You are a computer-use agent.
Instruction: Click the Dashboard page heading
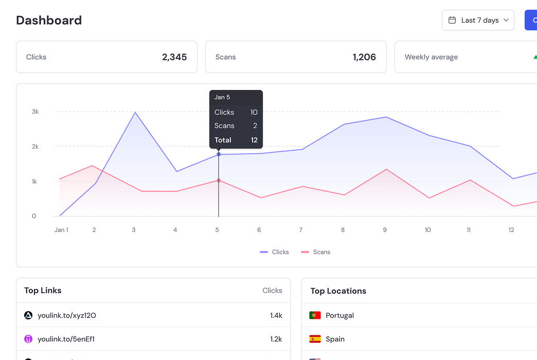coord(49,21)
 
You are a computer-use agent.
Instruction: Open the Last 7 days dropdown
coord(478,20)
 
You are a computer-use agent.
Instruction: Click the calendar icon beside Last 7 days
coord(452,20)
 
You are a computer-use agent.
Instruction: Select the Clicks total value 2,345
coord(174,57)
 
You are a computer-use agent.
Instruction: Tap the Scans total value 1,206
coord(364,57)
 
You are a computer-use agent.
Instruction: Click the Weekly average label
coord(431,57)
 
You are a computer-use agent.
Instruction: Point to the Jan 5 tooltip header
coord(222,97)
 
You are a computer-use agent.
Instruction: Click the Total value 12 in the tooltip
coord(254,140)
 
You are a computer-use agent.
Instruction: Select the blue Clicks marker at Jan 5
coord(219,154)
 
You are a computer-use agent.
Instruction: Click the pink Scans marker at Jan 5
coord(219,181)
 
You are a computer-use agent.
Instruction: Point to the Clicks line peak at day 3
coord(135,112)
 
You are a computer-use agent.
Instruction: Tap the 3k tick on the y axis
coord(35,112)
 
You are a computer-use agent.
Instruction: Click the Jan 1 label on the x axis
coord(61,230)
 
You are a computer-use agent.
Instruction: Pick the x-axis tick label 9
coord(385,230)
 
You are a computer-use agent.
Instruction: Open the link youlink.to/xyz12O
coord(67,315)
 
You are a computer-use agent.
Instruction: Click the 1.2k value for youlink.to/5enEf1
coord(276,339)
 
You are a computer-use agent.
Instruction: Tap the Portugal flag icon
coord(315,315)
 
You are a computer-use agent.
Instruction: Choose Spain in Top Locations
coord(335,339)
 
